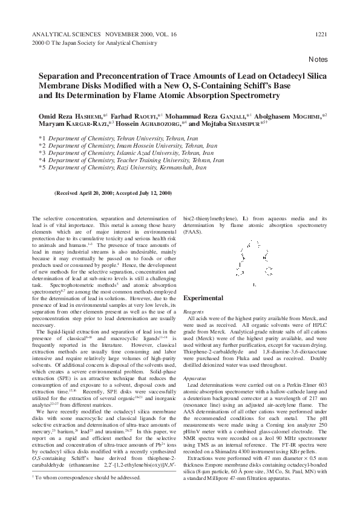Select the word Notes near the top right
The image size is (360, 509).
click(318, 59)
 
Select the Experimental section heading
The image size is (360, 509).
click(203, 298)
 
